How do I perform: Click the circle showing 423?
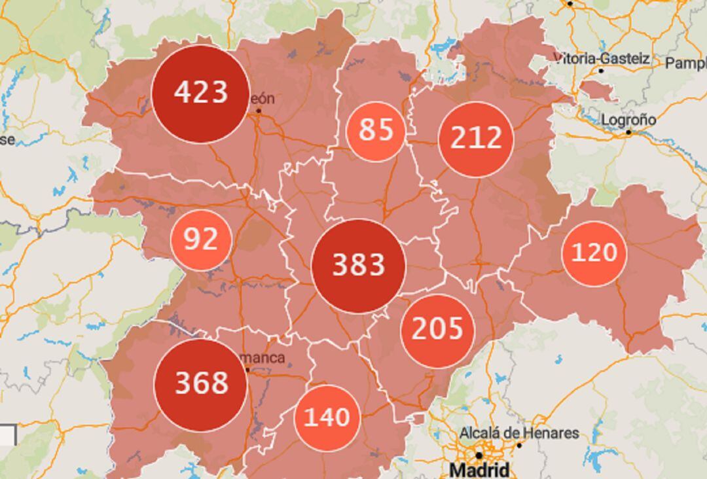200,94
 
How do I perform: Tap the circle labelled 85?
375,131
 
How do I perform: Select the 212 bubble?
476,139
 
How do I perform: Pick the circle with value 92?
200,240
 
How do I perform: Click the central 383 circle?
358,266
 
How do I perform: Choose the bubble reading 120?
594,253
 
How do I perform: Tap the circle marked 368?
200,384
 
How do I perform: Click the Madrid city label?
479,470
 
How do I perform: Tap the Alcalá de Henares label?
518,433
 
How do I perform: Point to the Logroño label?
628,120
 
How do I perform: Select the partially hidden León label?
262,99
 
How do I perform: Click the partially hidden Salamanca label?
266,358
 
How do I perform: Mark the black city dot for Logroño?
628,132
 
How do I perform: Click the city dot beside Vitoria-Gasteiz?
601,70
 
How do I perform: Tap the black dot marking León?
259,111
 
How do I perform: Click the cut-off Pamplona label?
685,63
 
